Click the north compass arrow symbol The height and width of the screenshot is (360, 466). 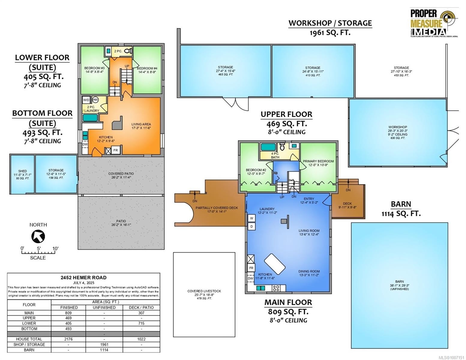[38, 236]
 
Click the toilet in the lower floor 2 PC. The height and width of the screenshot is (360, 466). [128, 51]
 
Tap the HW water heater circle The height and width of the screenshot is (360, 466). [95, 100]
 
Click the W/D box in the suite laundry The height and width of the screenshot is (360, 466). [86, 100]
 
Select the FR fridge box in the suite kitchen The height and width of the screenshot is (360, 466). [116, 150]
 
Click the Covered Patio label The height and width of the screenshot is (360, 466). [121, 175]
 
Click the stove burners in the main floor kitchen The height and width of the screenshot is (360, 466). [276, 288]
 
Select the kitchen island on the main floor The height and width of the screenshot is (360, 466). [275, 264]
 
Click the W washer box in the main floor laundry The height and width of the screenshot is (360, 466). [251, 218]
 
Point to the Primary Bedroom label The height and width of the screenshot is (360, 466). [318, 163]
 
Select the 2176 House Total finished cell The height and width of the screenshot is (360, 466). [68, 339]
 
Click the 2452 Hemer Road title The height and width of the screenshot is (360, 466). [83, 277]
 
